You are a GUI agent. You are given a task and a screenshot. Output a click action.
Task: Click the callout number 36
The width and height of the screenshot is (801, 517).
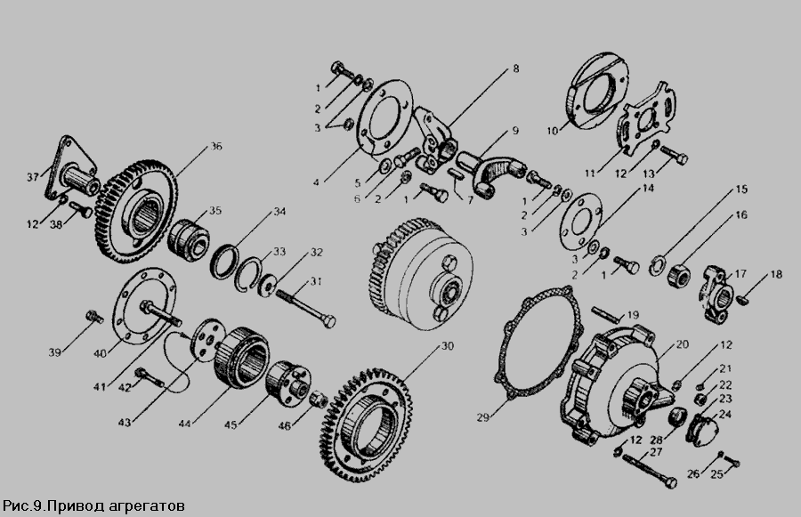click(216, 147)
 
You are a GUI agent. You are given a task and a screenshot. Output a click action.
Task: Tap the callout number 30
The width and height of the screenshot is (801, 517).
click(447, 346)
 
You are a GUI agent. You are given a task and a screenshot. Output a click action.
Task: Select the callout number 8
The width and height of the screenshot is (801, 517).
click(516, 69)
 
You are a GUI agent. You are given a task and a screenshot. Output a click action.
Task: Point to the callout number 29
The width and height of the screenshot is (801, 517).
click(482, 417)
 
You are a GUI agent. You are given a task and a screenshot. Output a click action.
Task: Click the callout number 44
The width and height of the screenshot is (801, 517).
click(185, 424)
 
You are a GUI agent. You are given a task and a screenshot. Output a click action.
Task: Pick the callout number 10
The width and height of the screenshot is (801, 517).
click(552, 132)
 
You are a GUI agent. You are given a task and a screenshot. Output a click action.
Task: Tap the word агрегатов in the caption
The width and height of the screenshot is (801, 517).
click(147, 506)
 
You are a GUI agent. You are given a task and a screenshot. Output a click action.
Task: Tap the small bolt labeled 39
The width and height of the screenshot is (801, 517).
click(95, 316)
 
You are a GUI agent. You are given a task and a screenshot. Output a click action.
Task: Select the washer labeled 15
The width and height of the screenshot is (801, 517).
click(657, 267)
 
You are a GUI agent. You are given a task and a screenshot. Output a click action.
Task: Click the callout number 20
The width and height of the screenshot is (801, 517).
click(683, 345)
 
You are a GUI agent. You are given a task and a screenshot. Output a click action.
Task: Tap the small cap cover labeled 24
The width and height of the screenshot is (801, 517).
click(703, 428)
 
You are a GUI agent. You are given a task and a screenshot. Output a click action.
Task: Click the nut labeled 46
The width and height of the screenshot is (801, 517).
click(319, 398)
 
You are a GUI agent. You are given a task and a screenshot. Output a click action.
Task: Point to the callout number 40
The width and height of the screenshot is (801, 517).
click(100, 353)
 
